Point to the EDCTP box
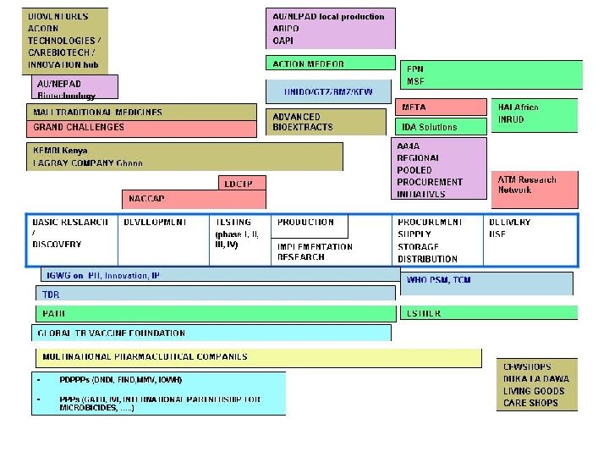click(x=241, y=182)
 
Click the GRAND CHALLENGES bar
click(x=141, y=128)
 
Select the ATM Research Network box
click(x=535, y=185)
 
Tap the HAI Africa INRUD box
click(x=535, y=113)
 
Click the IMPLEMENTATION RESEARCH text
click(x=315, y=251)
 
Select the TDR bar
click(x=215, y=294)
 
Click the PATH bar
click(x=215, y=313)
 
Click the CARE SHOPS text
click(x=531, y=403)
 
